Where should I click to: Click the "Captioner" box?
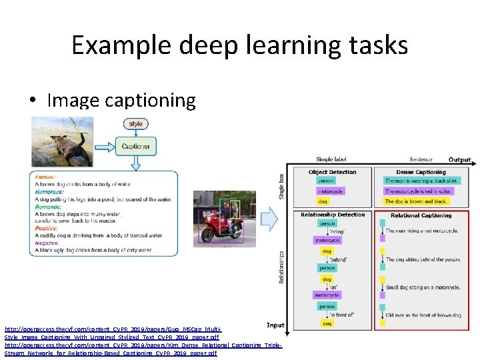136,145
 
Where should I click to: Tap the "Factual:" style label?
44,177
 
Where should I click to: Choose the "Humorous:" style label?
49,191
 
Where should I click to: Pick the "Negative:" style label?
46,243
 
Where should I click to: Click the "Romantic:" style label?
47,207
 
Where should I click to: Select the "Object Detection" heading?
332,172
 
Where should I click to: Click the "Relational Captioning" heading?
421,215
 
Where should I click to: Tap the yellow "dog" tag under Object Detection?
323,201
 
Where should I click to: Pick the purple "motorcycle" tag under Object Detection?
329,191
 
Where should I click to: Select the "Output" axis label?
459,160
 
